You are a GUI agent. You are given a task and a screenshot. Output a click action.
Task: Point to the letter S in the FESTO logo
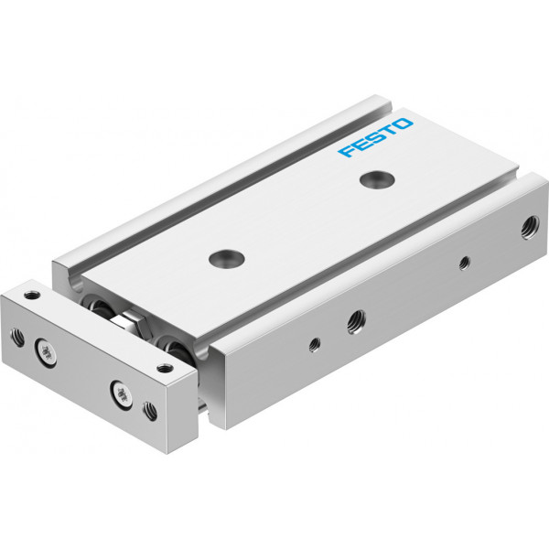374,137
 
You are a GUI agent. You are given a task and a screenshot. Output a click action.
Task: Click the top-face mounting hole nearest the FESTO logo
377,179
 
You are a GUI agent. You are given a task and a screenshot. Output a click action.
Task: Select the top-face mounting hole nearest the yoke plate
226,258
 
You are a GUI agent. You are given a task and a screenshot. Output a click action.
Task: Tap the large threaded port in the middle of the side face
357,322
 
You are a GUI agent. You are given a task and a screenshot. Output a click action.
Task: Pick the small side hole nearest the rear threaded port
465,264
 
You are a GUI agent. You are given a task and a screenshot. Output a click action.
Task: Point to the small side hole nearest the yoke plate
315,345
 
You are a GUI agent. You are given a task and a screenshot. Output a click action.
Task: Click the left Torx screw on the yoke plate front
45,351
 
